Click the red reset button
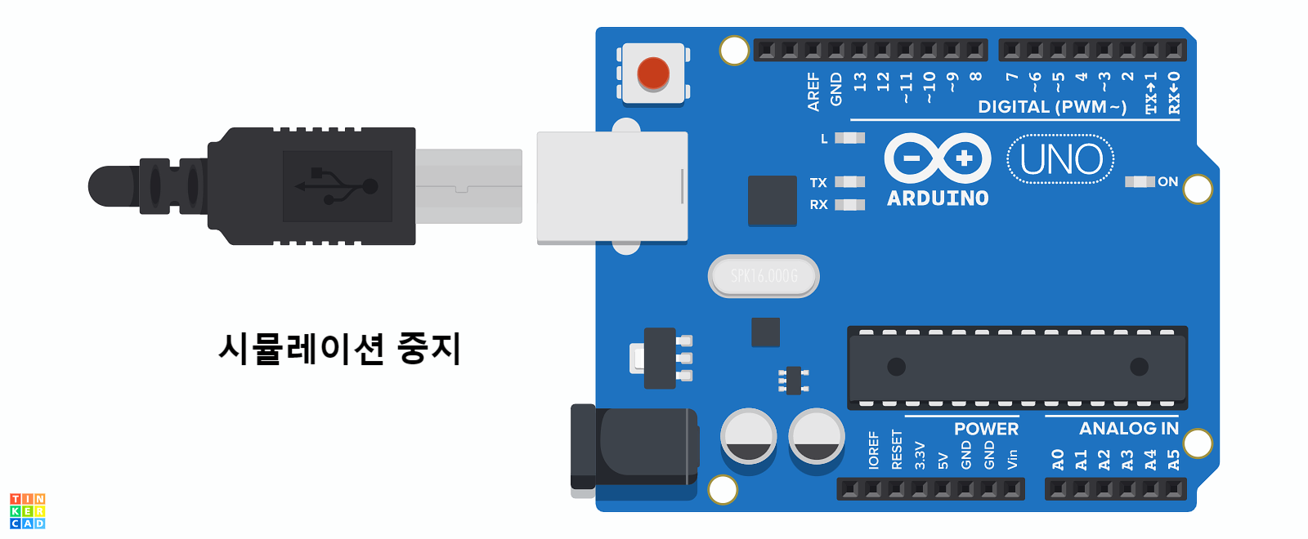pos(653,73)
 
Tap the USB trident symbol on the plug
pos(337,186)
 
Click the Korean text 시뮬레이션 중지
pos(340,349)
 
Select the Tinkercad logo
pos(28,510)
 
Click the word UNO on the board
pos(1061,159)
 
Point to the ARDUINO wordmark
pos(938,198)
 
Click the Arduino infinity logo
pos(938,158)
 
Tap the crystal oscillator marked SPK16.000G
pos(764,276)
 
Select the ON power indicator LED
pos(1140,181)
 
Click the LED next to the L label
pos(849,138)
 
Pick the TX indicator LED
pos(849,182)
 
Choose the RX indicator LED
pos(849,204)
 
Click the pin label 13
pos(860,82)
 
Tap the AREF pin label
pos(813,91)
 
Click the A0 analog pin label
pos(1058,460)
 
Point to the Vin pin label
pos(1013,459)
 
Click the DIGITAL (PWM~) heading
pos(1052,107)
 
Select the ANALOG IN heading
pos(1129,429)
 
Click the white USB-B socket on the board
pos(611,187)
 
